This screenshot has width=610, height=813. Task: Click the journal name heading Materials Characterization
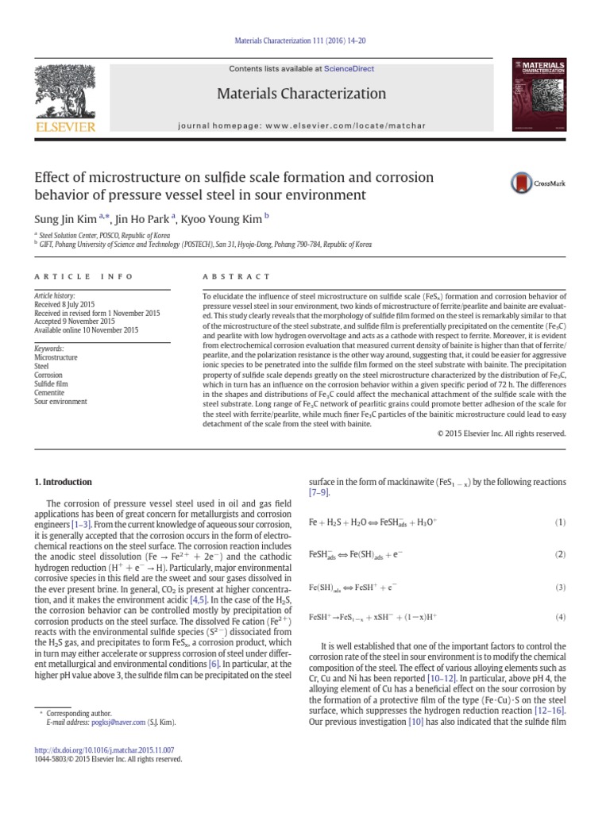click(x=301, y=94)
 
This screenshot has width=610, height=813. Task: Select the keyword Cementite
click(x=50, y=392)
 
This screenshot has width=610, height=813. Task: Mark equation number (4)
click(x=561, y=617)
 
